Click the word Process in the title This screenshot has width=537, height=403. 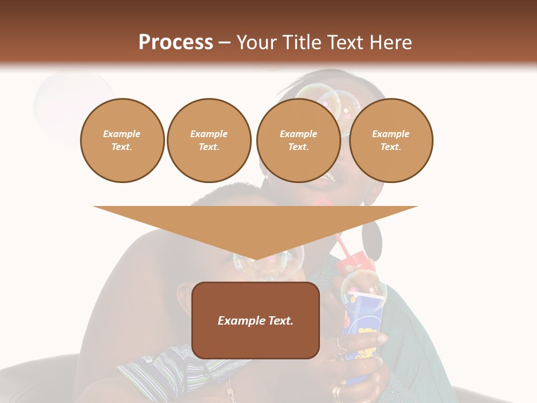[176, 42]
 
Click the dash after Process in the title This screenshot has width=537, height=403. [225, 43]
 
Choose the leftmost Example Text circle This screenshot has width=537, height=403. [122, 140]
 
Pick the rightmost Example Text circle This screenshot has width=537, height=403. [391, 140]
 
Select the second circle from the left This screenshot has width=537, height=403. [209, 140]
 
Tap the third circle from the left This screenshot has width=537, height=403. [298, 140]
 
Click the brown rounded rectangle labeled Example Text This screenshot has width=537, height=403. [256, 320]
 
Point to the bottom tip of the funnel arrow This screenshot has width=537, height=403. [256, 259]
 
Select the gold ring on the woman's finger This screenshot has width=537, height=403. [337, 392]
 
